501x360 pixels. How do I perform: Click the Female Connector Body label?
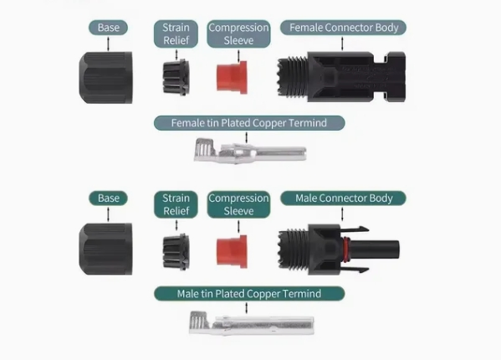[343, 28]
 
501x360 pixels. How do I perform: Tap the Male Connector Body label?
[343, 198]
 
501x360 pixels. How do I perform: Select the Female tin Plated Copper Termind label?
[249, 123]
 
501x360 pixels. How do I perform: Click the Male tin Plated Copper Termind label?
[249, 294]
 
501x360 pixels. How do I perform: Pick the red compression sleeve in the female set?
[232, 77]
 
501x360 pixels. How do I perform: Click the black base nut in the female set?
[105, 78]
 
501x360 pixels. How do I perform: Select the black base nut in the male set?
[105, 249]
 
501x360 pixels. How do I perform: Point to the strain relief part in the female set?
[176, 78]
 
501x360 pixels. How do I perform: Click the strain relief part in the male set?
[176, 252]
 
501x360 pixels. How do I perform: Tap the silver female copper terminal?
[250, 151]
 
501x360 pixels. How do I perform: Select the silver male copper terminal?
[252, 323]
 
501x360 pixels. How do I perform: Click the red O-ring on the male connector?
[347, 249]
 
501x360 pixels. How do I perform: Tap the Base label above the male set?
[109, 198]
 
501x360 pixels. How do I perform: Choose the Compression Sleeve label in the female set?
[238, 33]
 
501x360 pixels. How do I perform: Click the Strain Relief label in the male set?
[176, 204]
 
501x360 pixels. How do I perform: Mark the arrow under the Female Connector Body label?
[343, 44]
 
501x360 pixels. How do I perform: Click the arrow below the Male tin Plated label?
[246, 308]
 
